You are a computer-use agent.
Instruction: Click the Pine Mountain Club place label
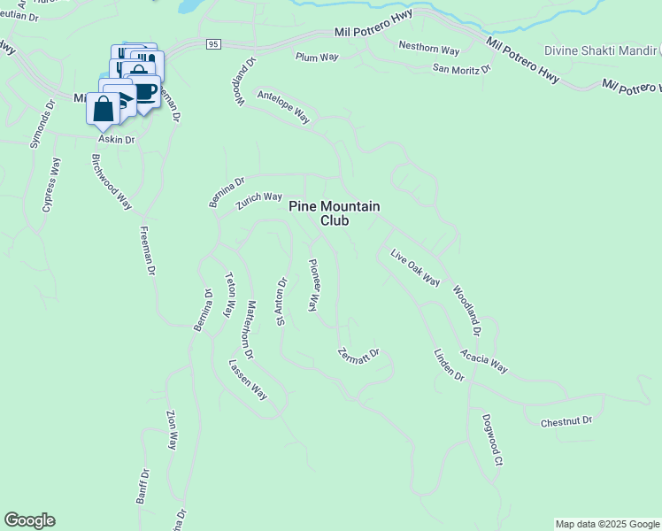coord(335,213)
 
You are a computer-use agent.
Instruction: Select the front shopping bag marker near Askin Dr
coord(103,110)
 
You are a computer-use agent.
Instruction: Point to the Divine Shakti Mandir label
coord(603,50)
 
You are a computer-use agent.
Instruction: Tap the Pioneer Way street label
coord(312,285)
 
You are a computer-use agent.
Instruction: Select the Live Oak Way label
coord(416,267)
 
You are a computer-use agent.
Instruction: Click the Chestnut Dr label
coord(566,422)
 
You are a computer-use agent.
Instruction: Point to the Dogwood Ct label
coord(492,440)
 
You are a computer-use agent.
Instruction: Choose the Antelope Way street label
coord(283,106)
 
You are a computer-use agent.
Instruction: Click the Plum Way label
coord(317,57)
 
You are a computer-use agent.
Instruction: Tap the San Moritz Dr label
coord(462,68)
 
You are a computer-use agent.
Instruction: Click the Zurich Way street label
coord(258,202)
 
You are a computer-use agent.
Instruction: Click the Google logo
coord(29,520)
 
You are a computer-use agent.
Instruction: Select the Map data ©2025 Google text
coord(606,524)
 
